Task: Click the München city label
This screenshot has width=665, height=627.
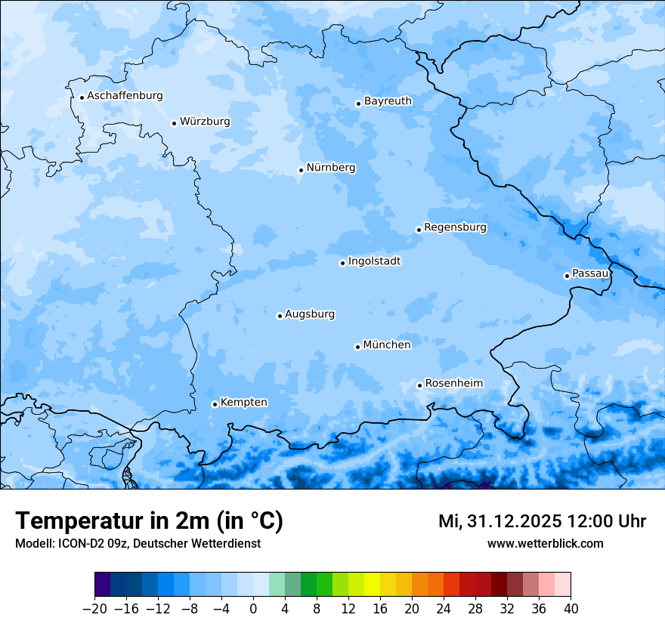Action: point(387,345)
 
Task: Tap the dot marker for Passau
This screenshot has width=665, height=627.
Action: point(567,276)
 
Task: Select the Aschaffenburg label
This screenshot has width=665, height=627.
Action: point(125,96)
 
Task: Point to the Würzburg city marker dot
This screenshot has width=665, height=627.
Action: point(174,123)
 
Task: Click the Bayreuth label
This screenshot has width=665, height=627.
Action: point(388,101)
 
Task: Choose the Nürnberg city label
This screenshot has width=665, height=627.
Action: point(330,168)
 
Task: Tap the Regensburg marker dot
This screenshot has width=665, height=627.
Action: point(419,230)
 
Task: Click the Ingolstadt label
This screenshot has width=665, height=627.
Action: point(374,261)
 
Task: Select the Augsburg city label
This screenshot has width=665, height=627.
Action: point(310,314)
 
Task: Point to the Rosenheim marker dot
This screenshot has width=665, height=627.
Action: point(419,386)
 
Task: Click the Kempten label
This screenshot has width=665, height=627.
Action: point(243,403)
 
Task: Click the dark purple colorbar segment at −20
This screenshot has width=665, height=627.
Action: point(103,585)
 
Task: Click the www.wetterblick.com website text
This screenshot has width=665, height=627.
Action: point(545,543)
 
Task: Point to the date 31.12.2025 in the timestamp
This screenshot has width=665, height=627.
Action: point(512,521)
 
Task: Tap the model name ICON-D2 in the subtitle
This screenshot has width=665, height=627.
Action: point(76,544)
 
